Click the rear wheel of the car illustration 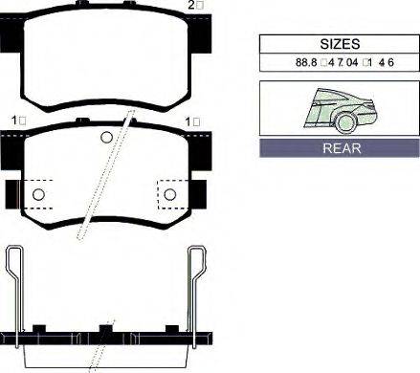point(345,122)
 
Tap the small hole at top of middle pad point(106,135)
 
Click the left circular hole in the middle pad point(39,195)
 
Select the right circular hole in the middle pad point(170,195)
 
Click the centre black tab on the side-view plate point(105,330)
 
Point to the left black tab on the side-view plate point(39,330)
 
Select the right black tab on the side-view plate point(171,330)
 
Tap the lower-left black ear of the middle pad point(11,191)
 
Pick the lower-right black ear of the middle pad point(200,191)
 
